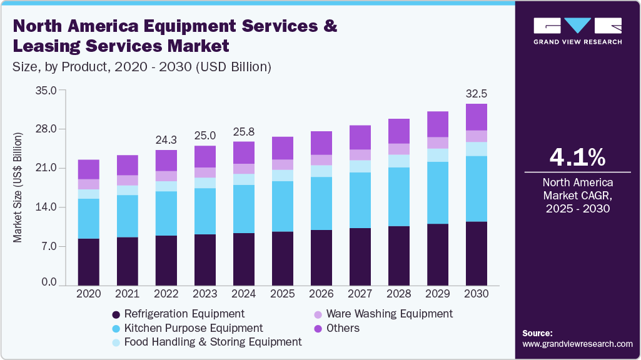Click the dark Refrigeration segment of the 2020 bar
89,261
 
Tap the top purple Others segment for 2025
283,148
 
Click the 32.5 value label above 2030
477,94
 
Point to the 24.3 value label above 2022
166,139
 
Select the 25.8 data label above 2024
244,131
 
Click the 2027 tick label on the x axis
360,293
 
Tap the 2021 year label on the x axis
128,293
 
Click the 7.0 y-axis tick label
48,246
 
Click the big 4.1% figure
577,158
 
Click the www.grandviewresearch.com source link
577,344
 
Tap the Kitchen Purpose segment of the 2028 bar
399,196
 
